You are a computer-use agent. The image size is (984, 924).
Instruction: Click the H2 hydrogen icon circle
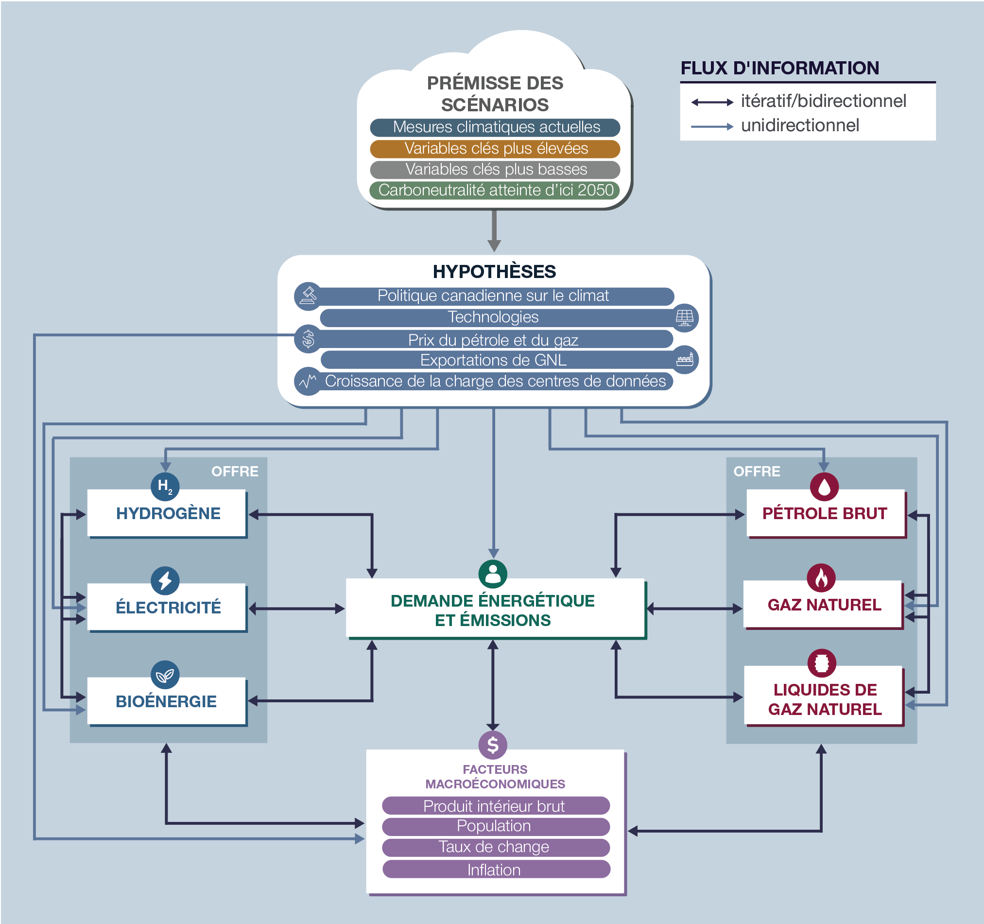tap(165, 486)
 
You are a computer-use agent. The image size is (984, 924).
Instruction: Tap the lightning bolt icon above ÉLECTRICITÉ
tap(165, 580)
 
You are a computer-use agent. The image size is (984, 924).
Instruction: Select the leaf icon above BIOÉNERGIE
tap(165, 675)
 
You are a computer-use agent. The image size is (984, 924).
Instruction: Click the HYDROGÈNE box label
tap(168, 513)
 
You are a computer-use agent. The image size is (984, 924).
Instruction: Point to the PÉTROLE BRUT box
tap(826, 513)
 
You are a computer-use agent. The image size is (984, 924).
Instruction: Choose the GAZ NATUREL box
tap(823, 605)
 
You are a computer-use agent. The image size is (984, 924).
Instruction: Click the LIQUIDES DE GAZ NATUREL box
tap(824, 696)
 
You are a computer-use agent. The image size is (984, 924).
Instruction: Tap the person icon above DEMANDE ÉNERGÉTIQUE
tap(493, 574)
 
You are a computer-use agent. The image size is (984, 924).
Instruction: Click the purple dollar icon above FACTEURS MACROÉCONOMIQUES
tap(493, 745)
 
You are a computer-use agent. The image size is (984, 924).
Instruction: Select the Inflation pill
tap(496, 870)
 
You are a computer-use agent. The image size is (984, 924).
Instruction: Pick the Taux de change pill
tap(496, 847)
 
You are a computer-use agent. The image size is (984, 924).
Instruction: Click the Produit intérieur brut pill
tap(496, 806)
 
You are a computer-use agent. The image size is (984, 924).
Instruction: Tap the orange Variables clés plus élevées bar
tap(495, 149)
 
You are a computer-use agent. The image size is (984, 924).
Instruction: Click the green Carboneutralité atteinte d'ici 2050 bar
tap(495, 190)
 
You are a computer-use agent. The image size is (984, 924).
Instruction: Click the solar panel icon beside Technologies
tap(685, 317)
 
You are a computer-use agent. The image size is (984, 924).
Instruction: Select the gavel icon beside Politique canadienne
tap(309, 296)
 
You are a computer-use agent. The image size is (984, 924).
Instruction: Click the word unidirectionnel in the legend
tap(800, 125)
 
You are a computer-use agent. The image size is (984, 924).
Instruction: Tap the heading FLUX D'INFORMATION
tap(779, 68)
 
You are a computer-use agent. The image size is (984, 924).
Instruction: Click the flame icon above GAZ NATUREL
tap(821, 578)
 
